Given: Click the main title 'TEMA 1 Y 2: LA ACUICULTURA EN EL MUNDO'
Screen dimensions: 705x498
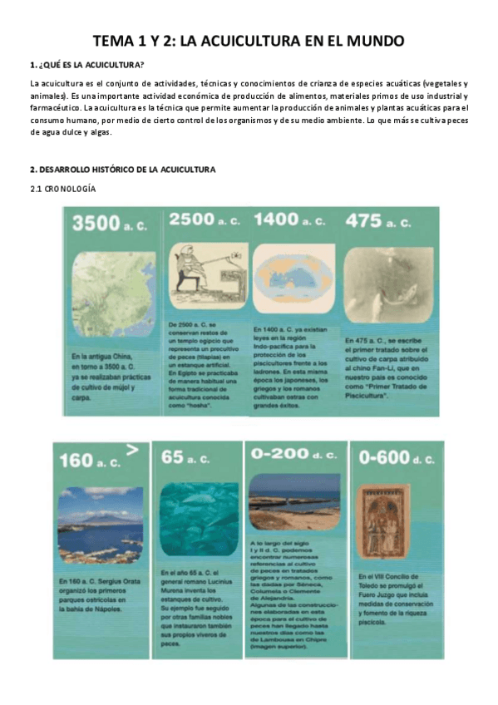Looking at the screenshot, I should (249, 41).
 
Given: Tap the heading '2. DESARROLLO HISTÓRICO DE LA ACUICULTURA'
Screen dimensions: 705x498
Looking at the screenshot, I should (122, 170).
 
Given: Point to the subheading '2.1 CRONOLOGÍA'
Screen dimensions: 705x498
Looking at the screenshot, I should (62, 190).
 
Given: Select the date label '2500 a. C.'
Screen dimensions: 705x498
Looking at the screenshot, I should (204, 219).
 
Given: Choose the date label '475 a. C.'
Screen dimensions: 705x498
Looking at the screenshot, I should (379, 221).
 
